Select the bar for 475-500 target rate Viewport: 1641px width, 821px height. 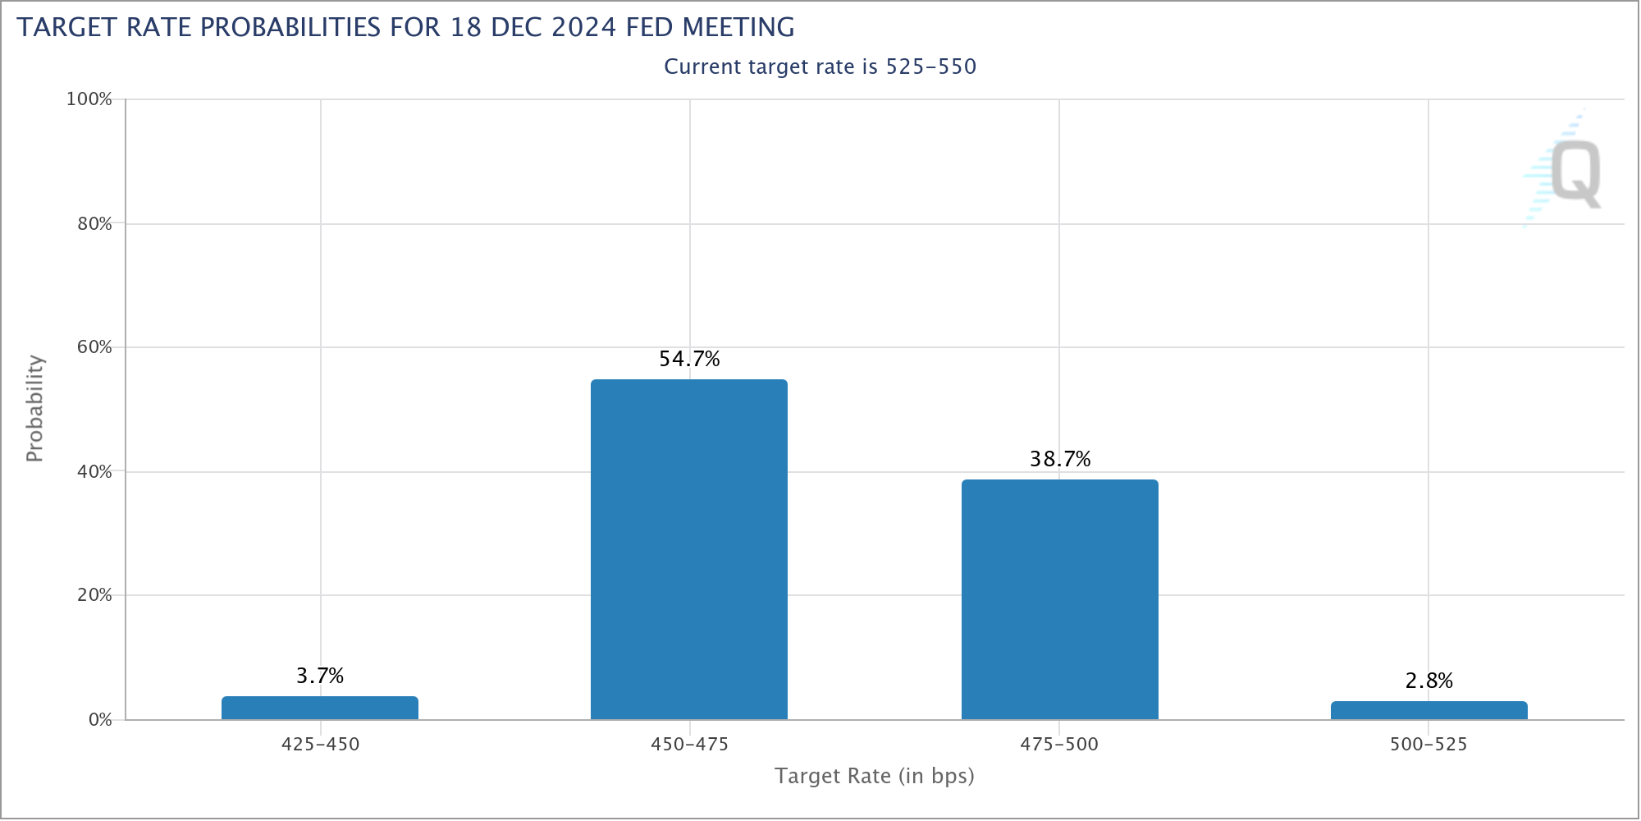pyautogui.click(x=1059, y=599)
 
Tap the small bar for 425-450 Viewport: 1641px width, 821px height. pyautogui.click(x=320, y=708)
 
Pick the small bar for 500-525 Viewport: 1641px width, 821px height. pyautogui.click(x=1428, y=710)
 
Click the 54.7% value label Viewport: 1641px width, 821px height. pyautogui.click(x=689, y=359)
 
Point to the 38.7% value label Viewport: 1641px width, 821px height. pyautogui.click(x=1060, y=459)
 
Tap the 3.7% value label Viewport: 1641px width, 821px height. pyautogui.click(x=320, y=676)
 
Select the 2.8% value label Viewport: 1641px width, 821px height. pyautogui.click(x=1428, y=681)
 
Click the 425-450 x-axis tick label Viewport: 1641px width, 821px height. pyautogui.click(x=320, y=745)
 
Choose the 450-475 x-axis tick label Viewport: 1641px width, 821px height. pyautogui.click(x=689, y=745)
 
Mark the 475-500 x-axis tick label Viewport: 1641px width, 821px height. pyautogui.click(x=1059, y=745)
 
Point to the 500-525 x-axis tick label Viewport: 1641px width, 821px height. pyautogui.click(x=1428, y=745)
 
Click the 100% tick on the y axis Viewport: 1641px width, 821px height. pyautogui.click(x=89, y=99)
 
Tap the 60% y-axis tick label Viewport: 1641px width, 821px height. pyautogui.click(x=94, y=347)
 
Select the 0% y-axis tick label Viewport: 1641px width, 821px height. pyautogui.click(x=99, y=720)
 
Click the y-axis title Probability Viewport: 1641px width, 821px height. pyautogui.click(x=34, y=408)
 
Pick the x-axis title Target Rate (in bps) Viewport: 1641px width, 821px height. pyautogui.click(x=875, y=776)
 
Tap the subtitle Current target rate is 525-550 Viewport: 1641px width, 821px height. pyautogui.click(x=820, y=67)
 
